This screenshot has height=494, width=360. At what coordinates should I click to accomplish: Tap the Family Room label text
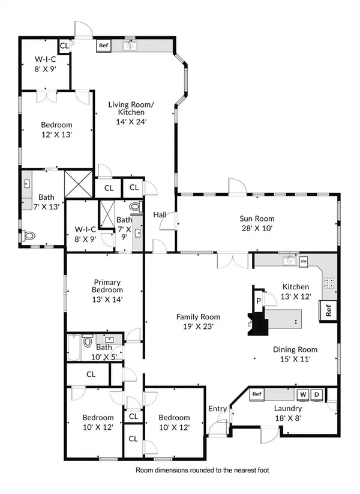pyautogui.click(x=197, y=322)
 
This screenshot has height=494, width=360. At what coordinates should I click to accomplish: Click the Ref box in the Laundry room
pyautogui.click(x=257, y=394)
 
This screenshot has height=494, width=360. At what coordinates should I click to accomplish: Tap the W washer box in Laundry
pyautogui.click(x=303, y=394)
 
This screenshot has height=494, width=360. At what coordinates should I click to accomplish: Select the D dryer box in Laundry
pyautogui.click(x=317, y=394)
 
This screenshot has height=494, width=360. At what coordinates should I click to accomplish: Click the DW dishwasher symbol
pyautogui.click(x=304, y=262)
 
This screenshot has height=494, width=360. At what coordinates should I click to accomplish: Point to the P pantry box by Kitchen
pyautogui.click(x=259, y=301)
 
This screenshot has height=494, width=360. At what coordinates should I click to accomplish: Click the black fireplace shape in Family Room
pyautogui.click(x=259, y=325)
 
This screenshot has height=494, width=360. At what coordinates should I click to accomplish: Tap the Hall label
pyautogui.click(x=160, y=214)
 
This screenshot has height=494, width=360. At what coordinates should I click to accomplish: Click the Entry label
pyautogui.click(x=217, y=409)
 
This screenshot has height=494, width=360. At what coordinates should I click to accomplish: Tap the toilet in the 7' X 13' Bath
pyautogui.click(x=29, y=237)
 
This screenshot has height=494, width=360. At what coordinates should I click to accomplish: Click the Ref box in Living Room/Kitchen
pyautogui.click(x=103, y=45)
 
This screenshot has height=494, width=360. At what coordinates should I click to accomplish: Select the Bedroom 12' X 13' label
pyautogui.click(x=56, y=130)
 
